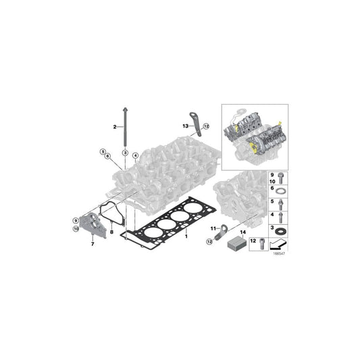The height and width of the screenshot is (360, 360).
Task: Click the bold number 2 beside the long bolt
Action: click(115, 126)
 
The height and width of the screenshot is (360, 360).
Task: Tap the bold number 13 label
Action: click(184, 126)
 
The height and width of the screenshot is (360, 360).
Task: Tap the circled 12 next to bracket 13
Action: click(207, 125)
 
